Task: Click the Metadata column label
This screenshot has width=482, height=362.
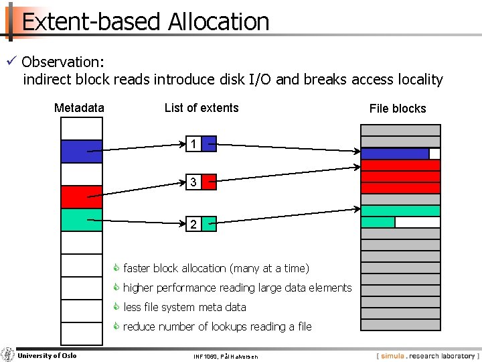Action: click(79, 108)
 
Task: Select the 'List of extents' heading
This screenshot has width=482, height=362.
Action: click(202, 108)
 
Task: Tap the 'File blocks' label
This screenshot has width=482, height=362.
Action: click(398, 109)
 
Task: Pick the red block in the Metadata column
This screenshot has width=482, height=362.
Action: click(82, 196)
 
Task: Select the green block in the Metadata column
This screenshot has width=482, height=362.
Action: click(82, 220)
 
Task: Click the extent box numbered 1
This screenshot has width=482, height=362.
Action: click(193, 143)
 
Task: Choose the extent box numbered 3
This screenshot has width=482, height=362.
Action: click(193, 182)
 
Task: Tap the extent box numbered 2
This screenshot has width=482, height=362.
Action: click(193, 225)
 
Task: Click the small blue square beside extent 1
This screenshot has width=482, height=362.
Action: click(209, 143)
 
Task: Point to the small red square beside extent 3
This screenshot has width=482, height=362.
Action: click(209, 182)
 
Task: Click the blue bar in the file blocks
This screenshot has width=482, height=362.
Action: click(395, 154)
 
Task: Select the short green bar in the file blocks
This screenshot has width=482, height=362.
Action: click(378, 222)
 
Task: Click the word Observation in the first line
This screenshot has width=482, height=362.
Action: click(62, 62)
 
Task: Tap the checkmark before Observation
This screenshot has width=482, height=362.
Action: click(11, 62)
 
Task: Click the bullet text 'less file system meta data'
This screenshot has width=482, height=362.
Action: click(185, 307)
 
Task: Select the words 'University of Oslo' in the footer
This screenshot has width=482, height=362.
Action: click(47, 355)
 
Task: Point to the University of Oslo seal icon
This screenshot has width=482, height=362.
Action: click(8, 355)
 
